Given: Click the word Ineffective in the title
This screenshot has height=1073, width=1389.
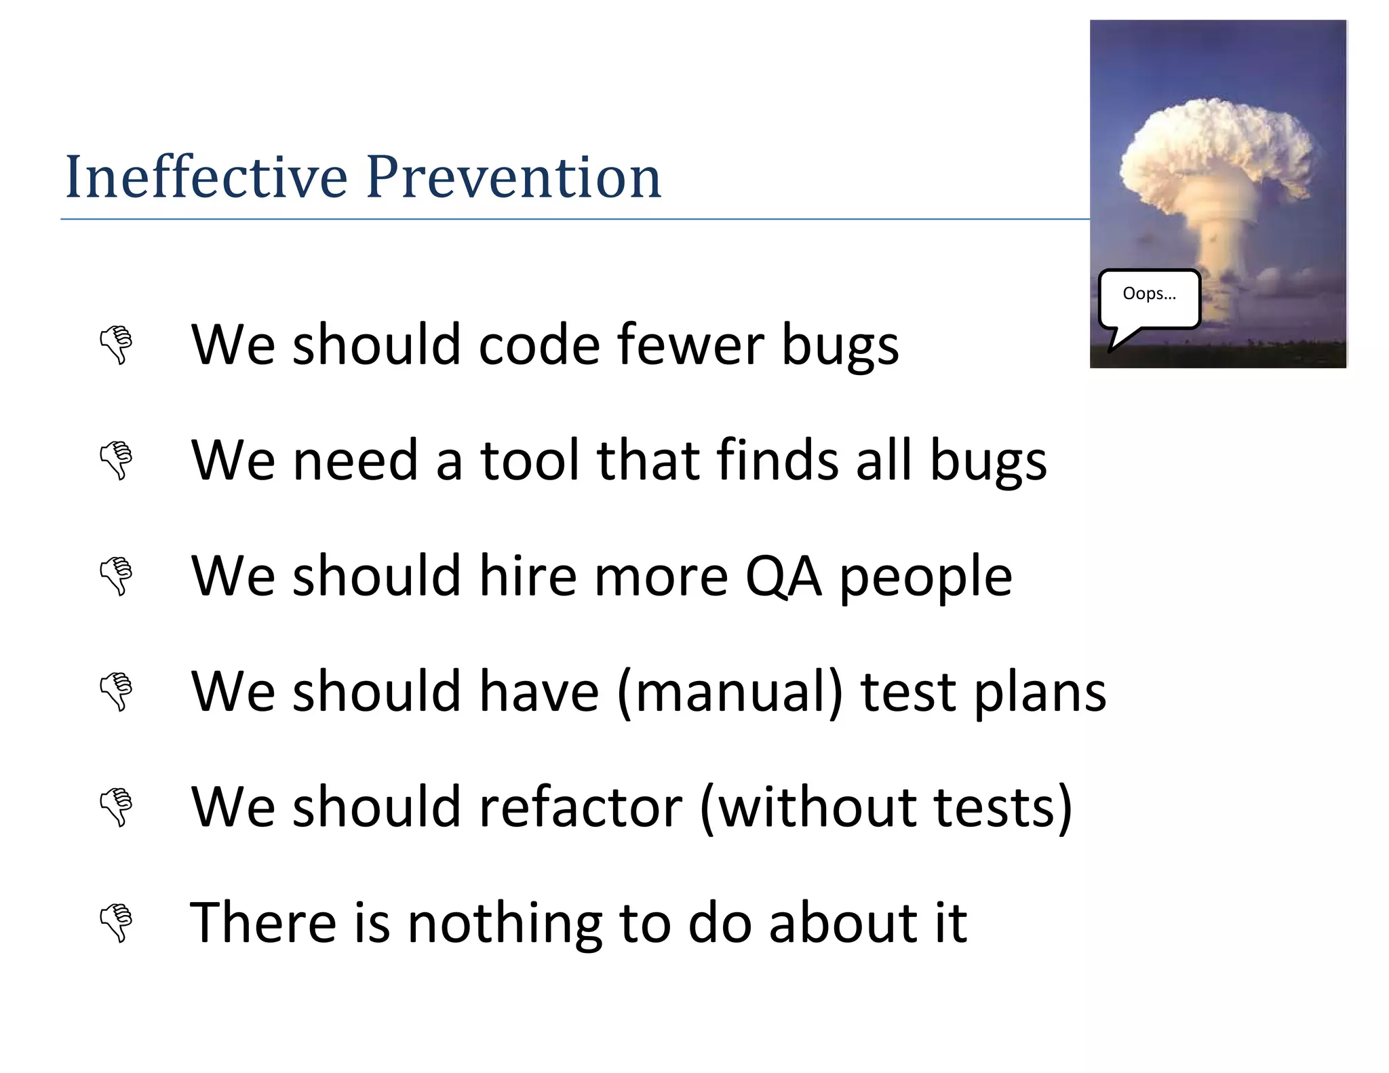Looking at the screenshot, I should click(x=206, y=178).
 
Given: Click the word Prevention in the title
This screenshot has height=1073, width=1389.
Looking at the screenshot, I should click(x=513, y=178).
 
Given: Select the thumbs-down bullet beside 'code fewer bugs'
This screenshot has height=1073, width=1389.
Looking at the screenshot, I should click(x=116, y=345).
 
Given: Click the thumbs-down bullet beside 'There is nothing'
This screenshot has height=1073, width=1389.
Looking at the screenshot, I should click(x=116, y=922).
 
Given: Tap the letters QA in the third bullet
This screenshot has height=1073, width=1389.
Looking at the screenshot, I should click(x=783, y=576).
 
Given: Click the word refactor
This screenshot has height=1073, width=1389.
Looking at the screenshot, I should click(x=581, y=807).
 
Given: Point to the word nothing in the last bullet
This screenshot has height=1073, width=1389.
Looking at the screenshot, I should click(x=505, y=922).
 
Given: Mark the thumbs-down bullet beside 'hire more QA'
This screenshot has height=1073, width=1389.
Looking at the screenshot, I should click(x=116, y=577).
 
